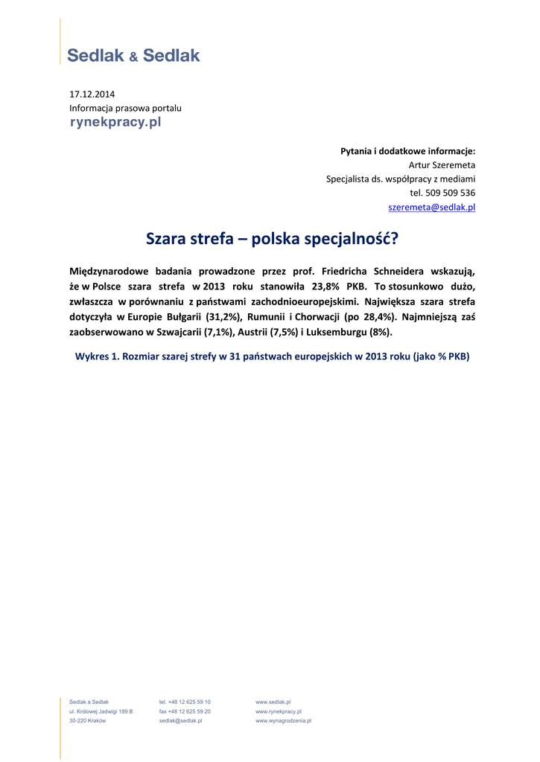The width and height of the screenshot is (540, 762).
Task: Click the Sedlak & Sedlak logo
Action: point(134,55)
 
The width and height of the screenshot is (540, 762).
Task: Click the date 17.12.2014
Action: point(92,95)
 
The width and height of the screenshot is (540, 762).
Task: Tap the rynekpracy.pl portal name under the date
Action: point(115,122)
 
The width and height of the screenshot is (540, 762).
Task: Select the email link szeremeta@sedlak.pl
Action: point(432,208)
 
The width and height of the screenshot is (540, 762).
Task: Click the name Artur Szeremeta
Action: point(442,165)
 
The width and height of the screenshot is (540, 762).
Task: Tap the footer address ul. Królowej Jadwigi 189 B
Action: point(101,711)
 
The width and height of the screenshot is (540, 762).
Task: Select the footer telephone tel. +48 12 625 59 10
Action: point(185,702)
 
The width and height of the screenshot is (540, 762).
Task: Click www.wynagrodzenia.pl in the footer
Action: point(283,721)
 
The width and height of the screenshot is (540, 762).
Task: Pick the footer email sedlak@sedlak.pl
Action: point(180,721)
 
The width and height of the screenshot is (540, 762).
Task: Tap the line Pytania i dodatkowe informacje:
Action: point(407,151)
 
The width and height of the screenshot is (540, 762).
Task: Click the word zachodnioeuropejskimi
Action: point(286,301)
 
